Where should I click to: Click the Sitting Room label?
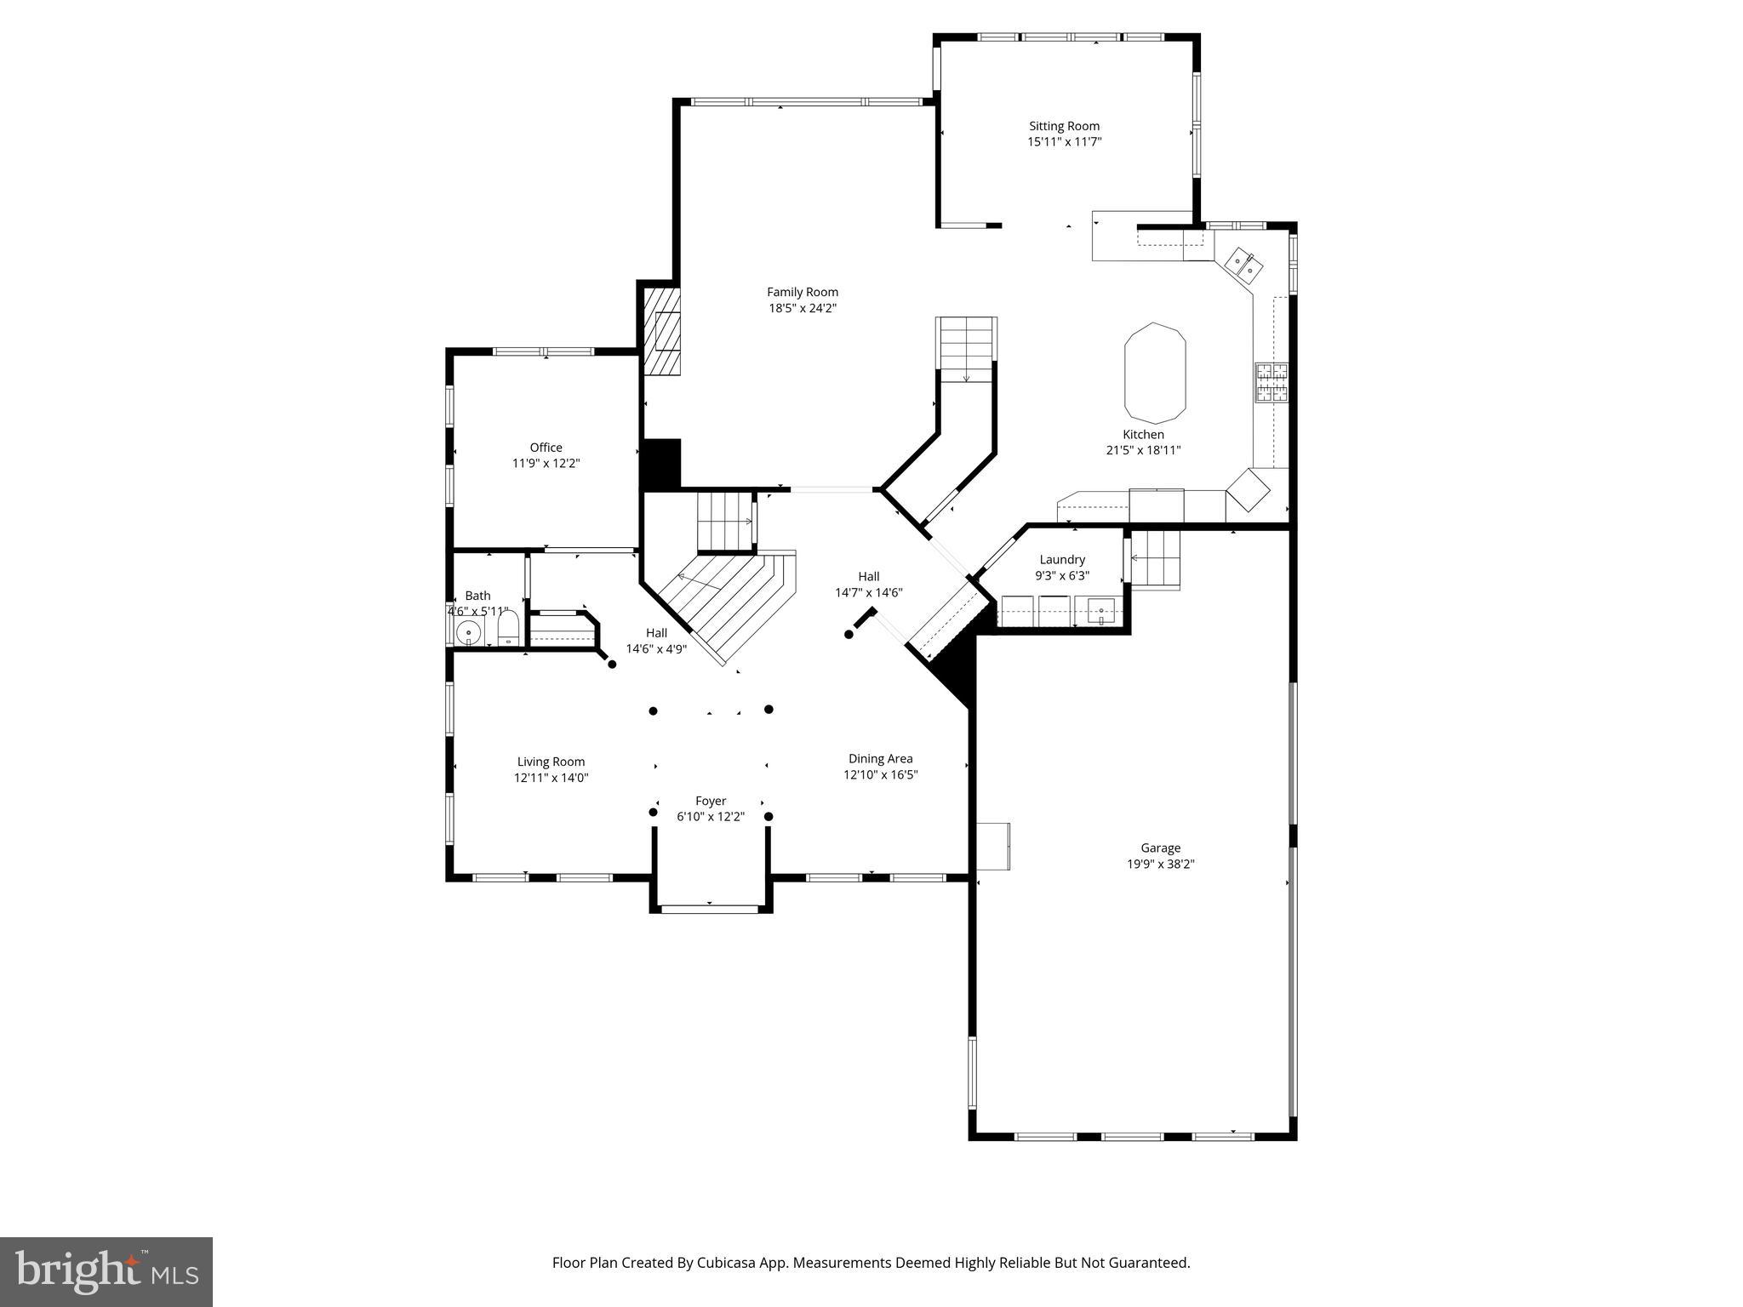[x=1064, y=126]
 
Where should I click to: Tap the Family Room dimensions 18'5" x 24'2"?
[x=803, y=308]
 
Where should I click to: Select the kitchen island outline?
[x=1155, y=373]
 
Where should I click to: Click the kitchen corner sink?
[x=1243, y=264]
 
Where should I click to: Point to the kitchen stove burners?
[x=1270, y=382]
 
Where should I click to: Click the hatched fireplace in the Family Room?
[x=662, y=332]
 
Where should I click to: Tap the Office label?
[x=546, y=448]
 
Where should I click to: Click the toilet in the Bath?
[x=507, y=631]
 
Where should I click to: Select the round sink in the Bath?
[x=468, y=634]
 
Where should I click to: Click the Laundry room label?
[x=1062, y=559]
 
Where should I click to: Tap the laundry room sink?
[x=1100, y=610]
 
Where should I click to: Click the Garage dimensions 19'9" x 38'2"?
[x=1160, y=864]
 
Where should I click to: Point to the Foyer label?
[x=711, y=801]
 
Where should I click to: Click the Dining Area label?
[x=880, y=758]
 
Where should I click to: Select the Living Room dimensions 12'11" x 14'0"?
[x=551, y=778]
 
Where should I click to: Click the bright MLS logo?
[x=106, y=1271]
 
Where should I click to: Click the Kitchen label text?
[x=1143, y=434]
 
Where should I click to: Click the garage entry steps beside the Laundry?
[x=1156, y=558]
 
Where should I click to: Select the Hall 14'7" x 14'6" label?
[x=868, y=585]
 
